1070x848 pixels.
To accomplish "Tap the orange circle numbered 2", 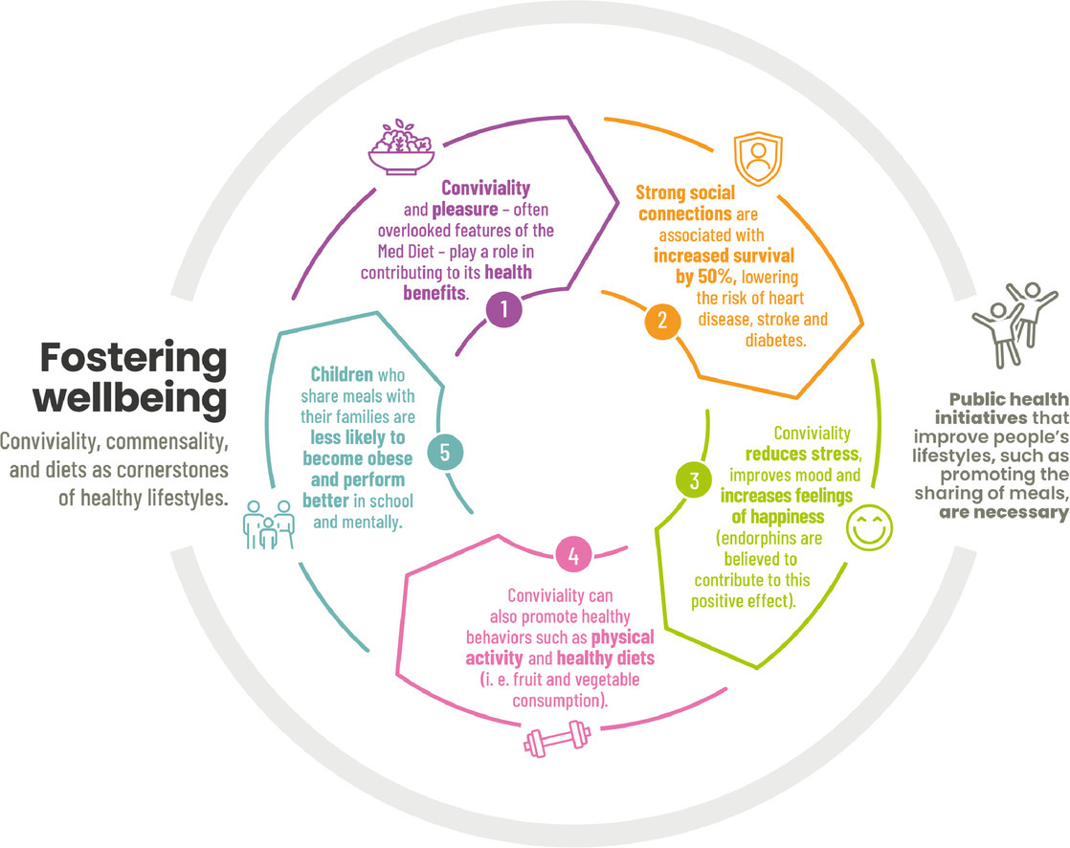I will [x=657, y=322].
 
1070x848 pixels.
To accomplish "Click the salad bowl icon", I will [x=402, y=148].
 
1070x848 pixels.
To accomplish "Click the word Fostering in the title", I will [x=134, y=360].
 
